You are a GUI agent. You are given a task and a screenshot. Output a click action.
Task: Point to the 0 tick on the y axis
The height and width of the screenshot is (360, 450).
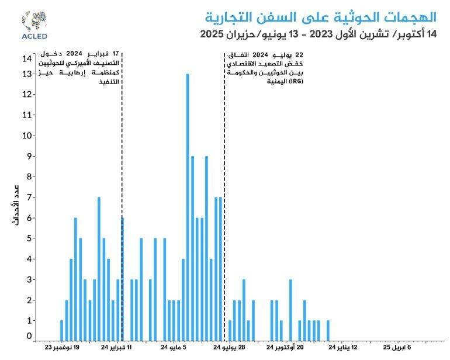[x=29, y=336]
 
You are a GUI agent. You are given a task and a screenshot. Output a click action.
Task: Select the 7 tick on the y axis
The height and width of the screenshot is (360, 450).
[x=29, y=198]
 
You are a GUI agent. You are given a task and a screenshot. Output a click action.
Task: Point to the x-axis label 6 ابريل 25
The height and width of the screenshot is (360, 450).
[x=397, y=348]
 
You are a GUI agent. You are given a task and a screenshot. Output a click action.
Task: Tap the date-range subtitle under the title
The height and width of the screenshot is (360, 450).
[x=318, y=34]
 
